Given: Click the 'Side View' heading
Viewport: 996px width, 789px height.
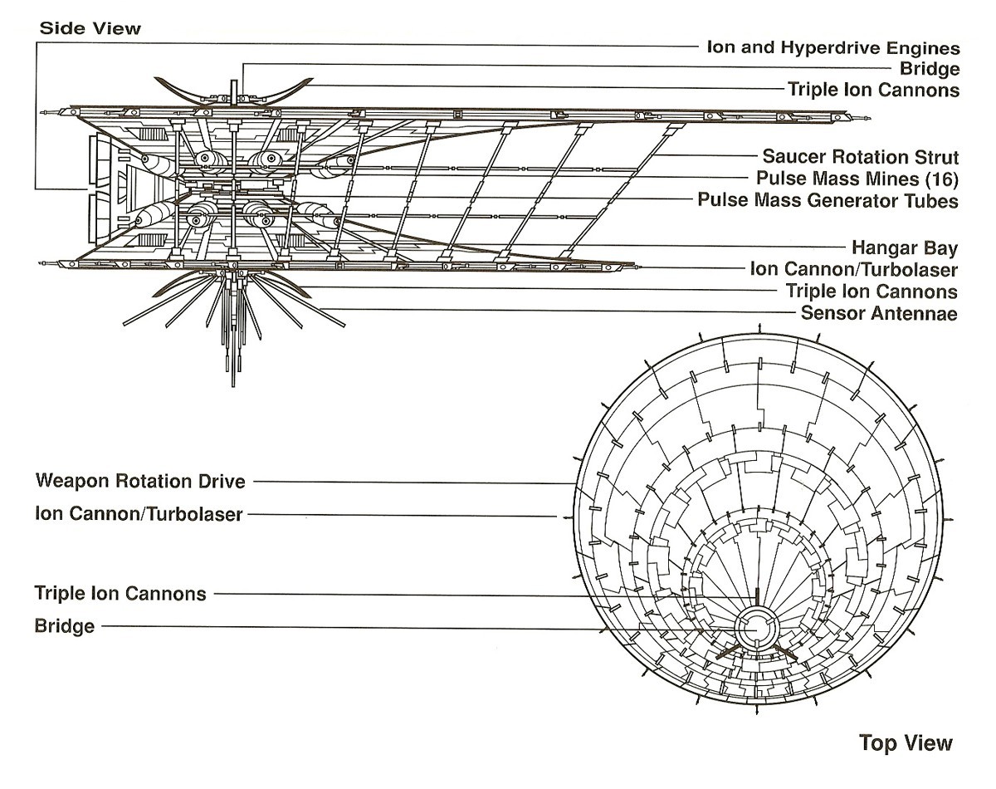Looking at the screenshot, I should point(90,28).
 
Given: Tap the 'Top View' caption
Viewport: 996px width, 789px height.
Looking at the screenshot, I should point(906,742).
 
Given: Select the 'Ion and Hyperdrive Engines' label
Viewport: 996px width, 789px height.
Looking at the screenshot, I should point(832,47).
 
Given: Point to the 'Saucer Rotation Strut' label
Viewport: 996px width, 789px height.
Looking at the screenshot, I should point(861,156).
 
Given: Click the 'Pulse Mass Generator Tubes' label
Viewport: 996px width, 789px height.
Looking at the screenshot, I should point(828,200).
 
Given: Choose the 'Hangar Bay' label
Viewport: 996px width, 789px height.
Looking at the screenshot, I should point(905,247).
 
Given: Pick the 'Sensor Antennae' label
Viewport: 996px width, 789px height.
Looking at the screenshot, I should point(879,313).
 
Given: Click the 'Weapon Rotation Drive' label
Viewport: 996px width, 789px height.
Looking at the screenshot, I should point(140,481).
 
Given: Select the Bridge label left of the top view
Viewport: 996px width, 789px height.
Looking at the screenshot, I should point(64,625).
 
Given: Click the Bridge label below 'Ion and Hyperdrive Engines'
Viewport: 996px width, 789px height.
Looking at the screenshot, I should point(929,69).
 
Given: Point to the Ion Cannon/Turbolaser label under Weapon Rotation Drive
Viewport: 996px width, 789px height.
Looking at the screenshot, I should point(139,514).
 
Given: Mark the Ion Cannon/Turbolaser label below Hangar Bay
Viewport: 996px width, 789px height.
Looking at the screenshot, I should point(853,269).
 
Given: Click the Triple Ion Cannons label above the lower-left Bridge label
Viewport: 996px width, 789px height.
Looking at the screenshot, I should point(120,593).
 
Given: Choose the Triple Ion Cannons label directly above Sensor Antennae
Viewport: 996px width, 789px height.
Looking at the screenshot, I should point(871,292).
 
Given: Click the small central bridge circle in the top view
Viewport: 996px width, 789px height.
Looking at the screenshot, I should point(755,629).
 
